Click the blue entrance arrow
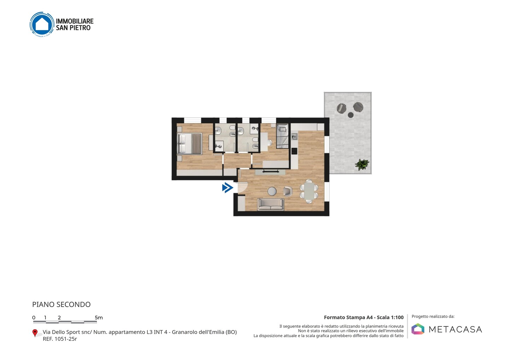coord(228,188)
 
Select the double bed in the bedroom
coord(190,144)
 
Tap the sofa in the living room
coord(270,204)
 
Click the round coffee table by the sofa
coord(272,191)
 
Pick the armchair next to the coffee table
coord(288,191)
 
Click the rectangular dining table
coord(309,191)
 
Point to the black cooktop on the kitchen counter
coord(294,151)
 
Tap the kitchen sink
coord(294,137)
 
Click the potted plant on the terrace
coord(362,164)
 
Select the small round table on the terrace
coord(351,115)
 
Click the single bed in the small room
coord(282,136)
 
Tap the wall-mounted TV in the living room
coord(271,172)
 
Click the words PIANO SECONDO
coord(62,304)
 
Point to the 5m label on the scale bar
coord(99,318)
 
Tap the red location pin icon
coord(35,333)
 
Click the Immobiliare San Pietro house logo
coord(42,24)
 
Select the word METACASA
coord(455,329)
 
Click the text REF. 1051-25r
coord(60,339)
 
